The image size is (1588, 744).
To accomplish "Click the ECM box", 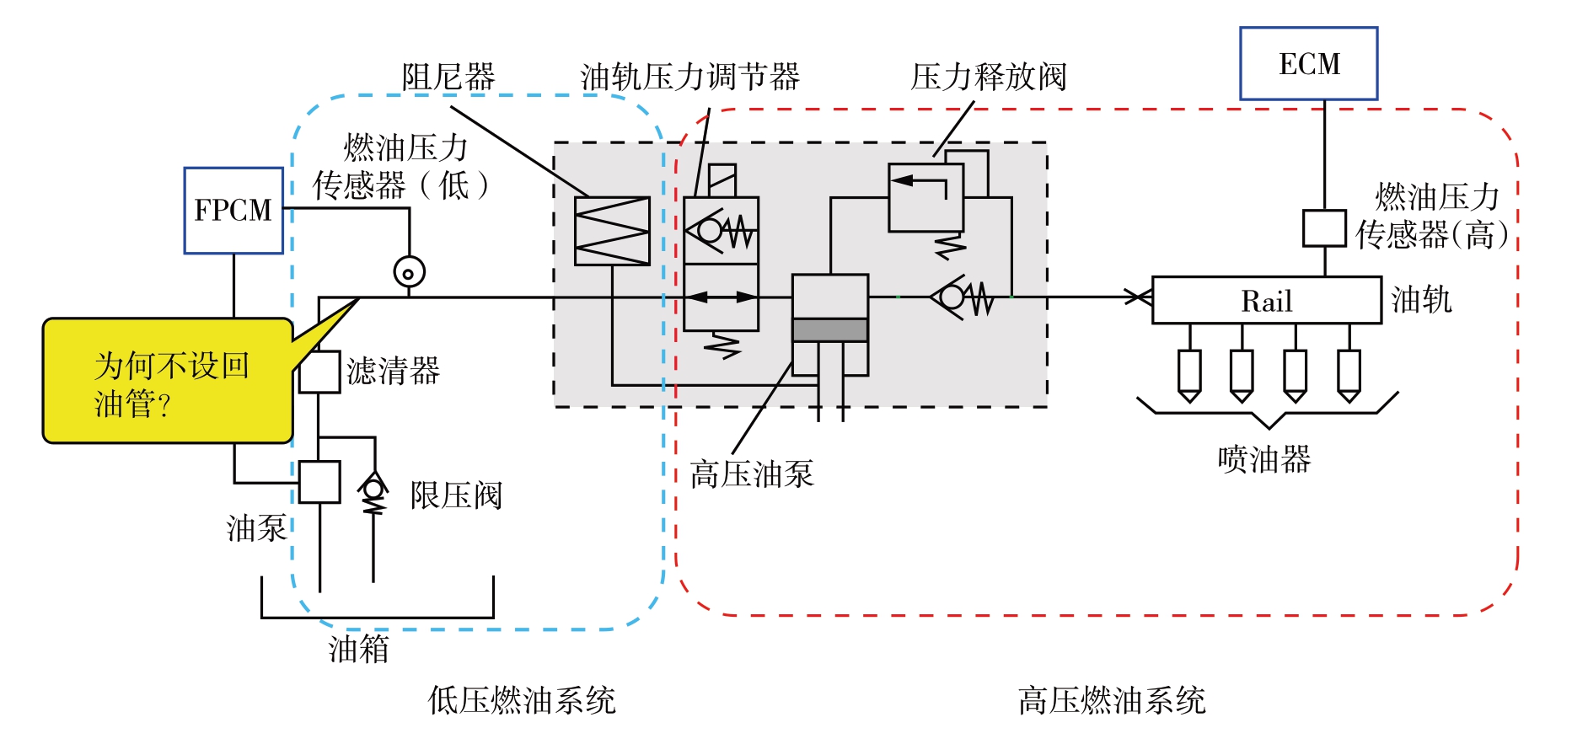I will click(x=1308, y=64).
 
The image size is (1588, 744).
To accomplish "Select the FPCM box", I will click(x=233, y=210).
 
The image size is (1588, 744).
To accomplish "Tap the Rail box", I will click(x=1266, y=300).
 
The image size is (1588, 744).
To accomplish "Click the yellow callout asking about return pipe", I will click(x=168, y=381).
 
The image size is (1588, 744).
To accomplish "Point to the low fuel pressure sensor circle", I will click(x=409, y=272).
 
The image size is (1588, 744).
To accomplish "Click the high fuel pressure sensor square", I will click(x=1323, y=228).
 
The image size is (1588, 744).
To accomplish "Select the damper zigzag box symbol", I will click(x=612, y=231).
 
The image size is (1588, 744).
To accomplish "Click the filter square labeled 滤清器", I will click(x=319, y=372).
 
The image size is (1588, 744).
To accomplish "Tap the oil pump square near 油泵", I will click(x=319, y=482).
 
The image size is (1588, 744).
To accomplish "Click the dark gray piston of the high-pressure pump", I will click(x=829, y=329).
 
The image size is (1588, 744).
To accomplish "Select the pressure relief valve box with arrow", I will click(x=925, y=197).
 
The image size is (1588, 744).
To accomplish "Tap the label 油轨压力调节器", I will click(x=689, y=78).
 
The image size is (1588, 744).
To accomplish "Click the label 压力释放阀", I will click(x=988, y=78).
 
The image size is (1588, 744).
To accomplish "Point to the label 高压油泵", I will click(x=751, y=474).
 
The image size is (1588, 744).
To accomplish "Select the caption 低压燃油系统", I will click(x=522, y=700).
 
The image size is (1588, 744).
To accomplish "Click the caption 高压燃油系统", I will click(x=1111, y=700).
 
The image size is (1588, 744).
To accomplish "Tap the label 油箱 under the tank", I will click(x=358, y=649).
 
